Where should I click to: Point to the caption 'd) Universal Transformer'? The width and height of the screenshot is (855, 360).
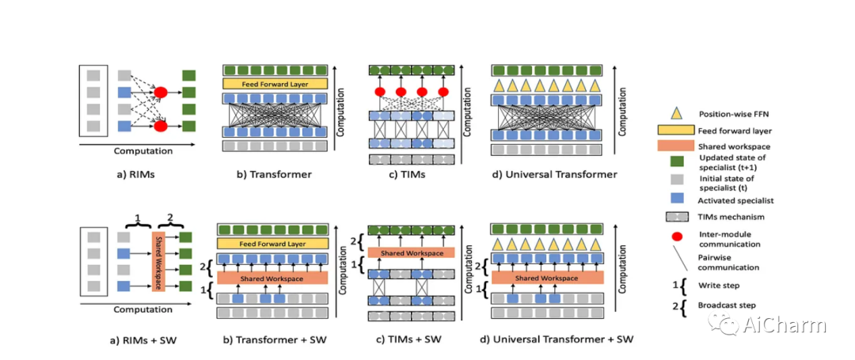[x=547, y=174]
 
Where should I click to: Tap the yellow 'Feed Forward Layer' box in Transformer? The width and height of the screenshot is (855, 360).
[x=274, y=83]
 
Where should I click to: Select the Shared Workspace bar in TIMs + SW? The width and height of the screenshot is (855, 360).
[x=412, y=252]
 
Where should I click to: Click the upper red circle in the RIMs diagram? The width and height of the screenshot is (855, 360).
[x=160, y=93]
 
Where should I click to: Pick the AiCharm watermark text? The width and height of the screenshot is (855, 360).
[x=785, y=324]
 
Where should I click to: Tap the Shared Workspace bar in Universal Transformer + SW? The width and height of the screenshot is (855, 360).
[x=547, y=279]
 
